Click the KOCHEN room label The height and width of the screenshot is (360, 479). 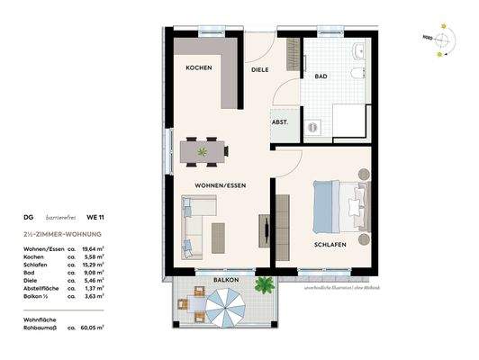click(198, 68)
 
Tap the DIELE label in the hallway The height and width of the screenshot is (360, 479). click(259, 68)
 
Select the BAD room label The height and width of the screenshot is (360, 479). click(321, 77)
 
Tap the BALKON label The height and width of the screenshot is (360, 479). click(227, 281)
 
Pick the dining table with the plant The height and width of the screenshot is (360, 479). click(203, 152)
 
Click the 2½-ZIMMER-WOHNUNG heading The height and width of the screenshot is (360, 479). click(63, 233)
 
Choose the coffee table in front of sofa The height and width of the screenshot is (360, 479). click(218, 236)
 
